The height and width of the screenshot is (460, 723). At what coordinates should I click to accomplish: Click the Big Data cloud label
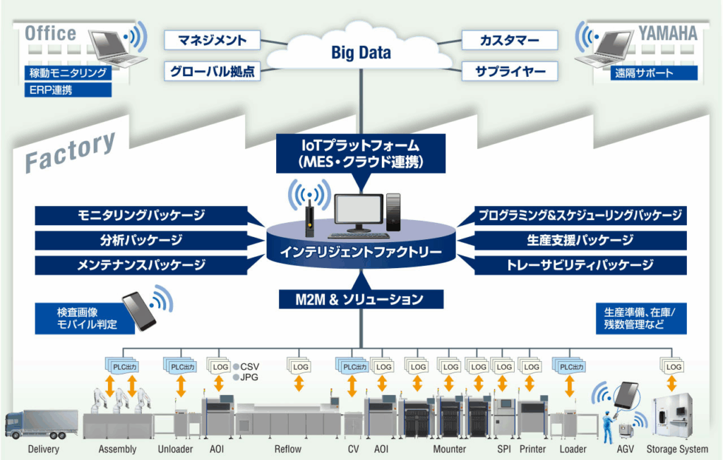click(361, 53)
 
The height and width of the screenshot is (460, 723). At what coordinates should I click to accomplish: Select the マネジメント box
click(212, 40)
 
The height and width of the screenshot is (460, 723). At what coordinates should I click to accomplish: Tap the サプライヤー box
click(509, 71)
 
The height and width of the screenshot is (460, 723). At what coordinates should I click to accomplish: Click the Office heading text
click(50, 33)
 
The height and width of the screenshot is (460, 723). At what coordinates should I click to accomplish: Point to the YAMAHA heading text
click(668, 33)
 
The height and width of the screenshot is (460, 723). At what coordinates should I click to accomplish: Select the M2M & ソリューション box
click(361, 299)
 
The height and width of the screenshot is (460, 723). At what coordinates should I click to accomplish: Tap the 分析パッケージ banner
click(141, 240)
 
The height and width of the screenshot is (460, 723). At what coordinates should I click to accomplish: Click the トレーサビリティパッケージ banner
click(580, 265)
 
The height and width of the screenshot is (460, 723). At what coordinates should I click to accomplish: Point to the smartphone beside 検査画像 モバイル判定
click(139, 310)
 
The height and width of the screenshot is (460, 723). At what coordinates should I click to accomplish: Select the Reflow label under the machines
click(287, 449)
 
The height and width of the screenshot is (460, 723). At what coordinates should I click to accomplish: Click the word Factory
click(70, 152)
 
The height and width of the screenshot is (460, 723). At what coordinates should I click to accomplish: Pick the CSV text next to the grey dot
click(250, 366)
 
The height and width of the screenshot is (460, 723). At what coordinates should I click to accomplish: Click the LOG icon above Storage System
click(674, 367)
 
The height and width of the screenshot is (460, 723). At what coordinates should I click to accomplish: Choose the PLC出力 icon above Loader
click(572, 367)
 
